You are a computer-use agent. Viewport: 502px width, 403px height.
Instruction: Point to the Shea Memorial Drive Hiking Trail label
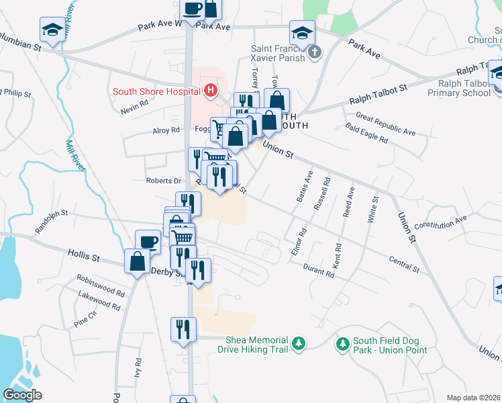pos(256,345)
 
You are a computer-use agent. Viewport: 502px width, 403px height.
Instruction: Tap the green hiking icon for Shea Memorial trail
pos(298,344)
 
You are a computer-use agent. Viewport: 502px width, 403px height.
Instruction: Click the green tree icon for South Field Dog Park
pos(343,344)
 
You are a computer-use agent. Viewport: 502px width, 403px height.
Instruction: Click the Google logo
pos(23,394)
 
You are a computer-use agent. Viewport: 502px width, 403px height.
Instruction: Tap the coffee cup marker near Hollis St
pos(148,241)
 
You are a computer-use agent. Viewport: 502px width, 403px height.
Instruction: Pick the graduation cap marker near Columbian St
pos(52,29)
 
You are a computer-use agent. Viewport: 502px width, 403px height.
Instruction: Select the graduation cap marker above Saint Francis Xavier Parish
pos(302,32)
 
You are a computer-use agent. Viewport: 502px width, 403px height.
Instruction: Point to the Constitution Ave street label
pos(440,222)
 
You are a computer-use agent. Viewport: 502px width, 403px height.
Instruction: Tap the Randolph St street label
pos(52,218)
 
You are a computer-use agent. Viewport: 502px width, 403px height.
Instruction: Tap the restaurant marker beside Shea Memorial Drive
pos(183,329)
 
